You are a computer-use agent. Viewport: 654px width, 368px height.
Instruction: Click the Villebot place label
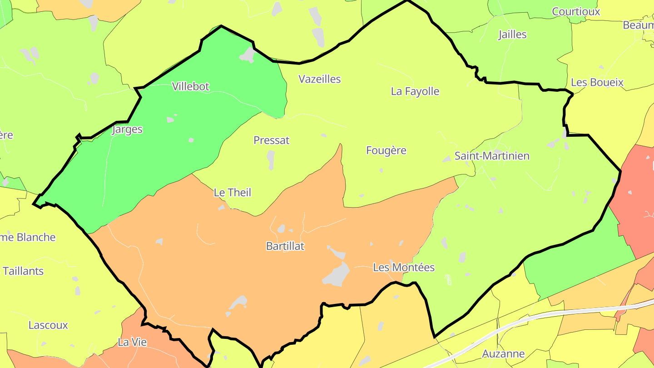pos(190,86)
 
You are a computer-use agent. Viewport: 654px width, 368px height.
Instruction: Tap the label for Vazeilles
pos(319,79)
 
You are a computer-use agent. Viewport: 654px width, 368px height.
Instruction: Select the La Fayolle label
pos(415,91)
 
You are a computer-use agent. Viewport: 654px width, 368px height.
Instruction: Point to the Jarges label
pos(127,129)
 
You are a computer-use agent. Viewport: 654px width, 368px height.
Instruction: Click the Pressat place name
pos(271,140)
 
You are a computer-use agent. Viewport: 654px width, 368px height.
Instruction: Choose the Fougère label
pos(386,150)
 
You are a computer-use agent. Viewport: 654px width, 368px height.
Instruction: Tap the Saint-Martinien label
pos(492,156)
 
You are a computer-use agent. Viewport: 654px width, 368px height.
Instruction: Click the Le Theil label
pos(232,193)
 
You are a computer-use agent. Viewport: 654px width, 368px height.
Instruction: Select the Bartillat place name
pos(285,246)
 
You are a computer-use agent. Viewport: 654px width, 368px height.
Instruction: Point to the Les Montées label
pos(404,268)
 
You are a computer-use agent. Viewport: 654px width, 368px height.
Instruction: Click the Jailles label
pos(512,35)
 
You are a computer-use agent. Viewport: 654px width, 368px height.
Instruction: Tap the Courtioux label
pos(576,12)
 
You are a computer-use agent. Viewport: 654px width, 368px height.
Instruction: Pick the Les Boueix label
pos(597,83)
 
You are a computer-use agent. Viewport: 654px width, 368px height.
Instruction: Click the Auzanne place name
pos(503,353)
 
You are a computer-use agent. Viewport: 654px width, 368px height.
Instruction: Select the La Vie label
pos(132,342)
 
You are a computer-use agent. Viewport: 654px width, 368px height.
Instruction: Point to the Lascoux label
pos(48,325)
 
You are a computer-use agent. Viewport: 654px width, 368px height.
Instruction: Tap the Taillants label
pos(23,271)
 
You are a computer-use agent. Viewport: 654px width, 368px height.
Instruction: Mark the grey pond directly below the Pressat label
pos(271,160)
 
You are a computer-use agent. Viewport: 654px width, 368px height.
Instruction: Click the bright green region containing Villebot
pos(150,159)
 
